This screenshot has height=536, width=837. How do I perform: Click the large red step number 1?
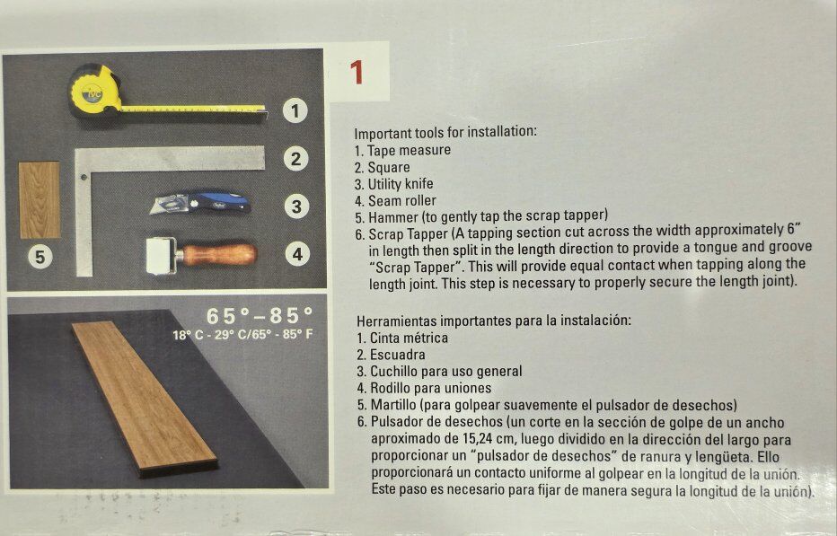(357, 72)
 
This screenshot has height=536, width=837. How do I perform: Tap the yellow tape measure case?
(95, 90)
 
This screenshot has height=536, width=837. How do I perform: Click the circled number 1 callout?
(295, 111)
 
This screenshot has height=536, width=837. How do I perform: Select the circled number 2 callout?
(295, 159)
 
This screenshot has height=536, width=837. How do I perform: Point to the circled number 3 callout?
(296, 206)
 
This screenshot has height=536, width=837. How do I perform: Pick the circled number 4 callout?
(297, 253)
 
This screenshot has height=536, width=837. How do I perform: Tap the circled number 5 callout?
(40, 257)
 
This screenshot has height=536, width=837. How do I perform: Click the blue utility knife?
(200, 203)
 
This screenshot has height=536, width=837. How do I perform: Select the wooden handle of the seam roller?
(220, 254)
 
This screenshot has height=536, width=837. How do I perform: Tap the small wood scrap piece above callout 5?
(40, 199)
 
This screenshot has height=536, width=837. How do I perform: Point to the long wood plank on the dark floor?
(145, 398)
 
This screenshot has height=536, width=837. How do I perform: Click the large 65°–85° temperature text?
(260, 315)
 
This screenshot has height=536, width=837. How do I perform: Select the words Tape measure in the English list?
(409, 150)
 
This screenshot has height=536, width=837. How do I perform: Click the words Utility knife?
(401, 184)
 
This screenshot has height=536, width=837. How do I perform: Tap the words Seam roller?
(402, 201)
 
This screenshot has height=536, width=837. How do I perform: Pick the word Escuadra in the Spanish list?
(398, 355)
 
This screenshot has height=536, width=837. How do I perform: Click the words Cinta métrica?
(409, 338)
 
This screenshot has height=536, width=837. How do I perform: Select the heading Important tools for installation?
(445, 132)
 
